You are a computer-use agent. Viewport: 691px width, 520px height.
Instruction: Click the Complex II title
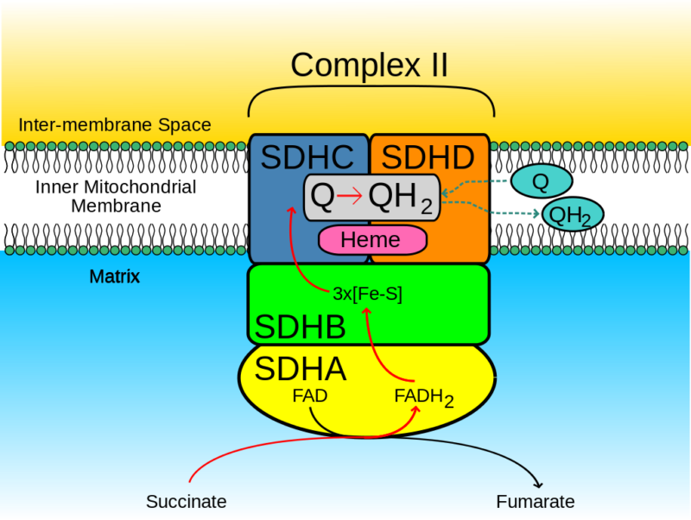370,65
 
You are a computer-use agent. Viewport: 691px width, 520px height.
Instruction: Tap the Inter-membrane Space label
114,125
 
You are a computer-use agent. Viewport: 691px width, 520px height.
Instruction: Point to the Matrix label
114,277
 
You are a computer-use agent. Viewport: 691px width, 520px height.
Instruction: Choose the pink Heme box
371,240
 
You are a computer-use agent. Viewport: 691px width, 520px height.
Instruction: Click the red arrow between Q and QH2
351,198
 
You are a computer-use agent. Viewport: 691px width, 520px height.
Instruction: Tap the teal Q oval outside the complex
541,182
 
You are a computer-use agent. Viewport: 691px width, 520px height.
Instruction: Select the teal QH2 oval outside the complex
572,215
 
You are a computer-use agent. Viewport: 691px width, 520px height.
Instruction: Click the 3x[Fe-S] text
367,294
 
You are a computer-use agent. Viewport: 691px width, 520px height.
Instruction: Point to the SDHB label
301,327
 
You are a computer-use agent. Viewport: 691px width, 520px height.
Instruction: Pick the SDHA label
301,369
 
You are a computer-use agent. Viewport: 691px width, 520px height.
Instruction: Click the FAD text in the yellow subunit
309,396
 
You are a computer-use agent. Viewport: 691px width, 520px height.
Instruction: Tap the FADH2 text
423,397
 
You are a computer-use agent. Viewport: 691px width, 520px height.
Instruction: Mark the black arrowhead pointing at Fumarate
540,485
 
